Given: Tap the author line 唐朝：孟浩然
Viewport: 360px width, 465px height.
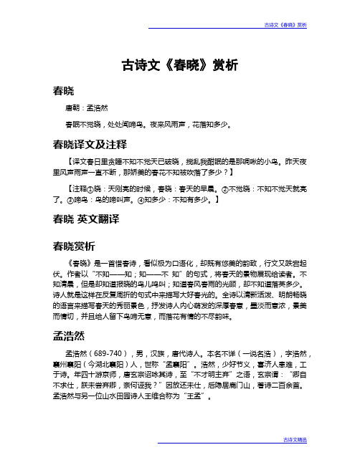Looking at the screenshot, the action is click(x=85, y=107).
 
